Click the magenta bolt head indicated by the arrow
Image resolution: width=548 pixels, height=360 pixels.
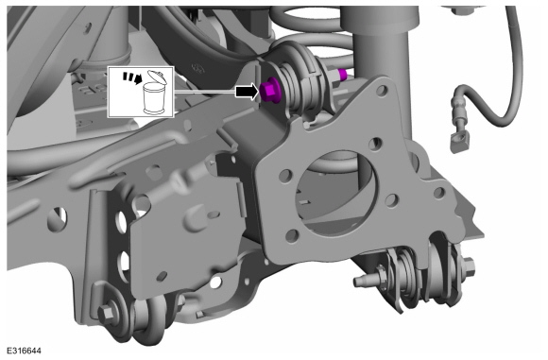(269, 92)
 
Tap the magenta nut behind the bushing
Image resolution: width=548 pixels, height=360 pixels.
(343, 74)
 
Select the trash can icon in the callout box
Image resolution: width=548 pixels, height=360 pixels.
(155, 98)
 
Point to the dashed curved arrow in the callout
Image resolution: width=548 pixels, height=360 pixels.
(131, 77)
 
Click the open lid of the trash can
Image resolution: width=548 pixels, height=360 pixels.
(156, 76)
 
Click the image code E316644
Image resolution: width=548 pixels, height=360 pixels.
(24, 351)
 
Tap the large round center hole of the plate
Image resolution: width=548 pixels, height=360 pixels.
(336, 193)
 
